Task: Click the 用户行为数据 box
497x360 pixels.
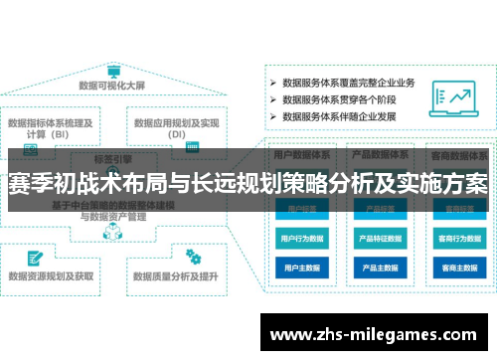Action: (x=301, y=239)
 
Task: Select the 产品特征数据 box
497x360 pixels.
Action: (x=380, y=239)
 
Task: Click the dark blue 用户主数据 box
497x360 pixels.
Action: (x=301, y=268)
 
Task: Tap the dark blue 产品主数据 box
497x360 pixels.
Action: (x=380, y=268)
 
